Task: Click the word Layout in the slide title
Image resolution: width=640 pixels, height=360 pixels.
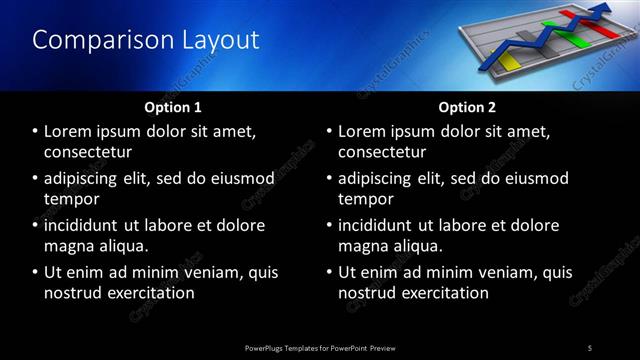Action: point(220,40)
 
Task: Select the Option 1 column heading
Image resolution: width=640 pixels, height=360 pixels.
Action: point(173,107)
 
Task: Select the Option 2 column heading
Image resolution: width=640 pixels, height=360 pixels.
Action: point(467,107)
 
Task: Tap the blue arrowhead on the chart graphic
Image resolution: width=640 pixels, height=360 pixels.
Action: point(604,11)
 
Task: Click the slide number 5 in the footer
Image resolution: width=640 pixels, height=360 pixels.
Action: point(590,347)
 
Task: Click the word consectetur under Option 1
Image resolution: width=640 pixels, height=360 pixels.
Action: point(89,153)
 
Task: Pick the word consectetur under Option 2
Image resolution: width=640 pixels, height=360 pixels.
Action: point(383,153)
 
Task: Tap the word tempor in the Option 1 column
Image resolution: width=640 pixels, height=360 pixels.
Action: point(72,199)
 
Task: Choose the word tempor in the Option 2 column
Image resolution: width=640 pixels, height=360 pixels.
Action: point(366,199)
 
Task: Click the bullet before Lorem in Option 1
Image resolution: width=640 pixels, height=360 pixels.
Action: point(36,132)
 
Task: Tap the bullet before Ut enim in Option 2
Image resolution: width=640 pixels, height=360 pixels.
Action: point(330,272)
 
